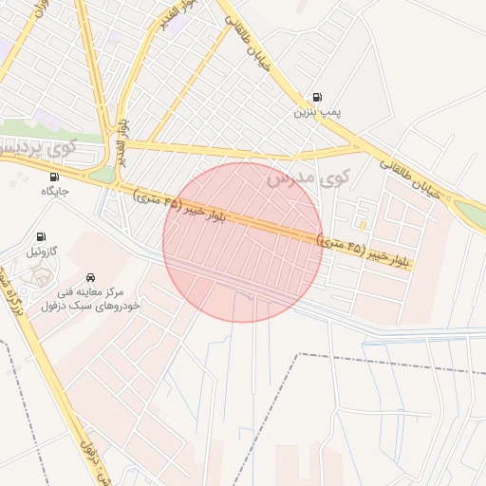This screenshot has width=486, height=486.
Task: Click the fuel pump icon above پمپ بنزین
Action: (x=316, y=97)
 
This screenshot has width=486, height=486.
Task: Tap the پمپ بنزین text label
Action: (x=315, y=112)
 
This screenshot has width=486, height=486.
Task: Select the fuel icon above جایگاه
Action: (x=53, y=177)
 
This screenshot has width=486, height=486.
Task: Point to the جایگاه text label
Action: (x=55, y=192)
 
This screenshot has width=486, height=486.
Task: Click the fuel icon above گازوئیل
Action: (x=41, y=236)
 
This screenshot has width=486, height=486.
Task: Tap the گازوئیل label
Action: (x=42, y=252)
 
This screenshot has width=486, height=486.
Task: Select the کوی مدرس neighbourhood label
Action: (x=308, y=177)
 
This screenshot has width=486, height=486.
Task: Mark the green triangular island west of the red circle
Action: (x=103, y=175)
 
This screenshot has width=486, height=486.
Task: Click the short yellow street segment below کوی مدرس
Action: (x=364, y=224)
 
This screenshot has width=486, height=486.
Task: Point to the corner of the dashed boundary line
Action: (x=300, y=355)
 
